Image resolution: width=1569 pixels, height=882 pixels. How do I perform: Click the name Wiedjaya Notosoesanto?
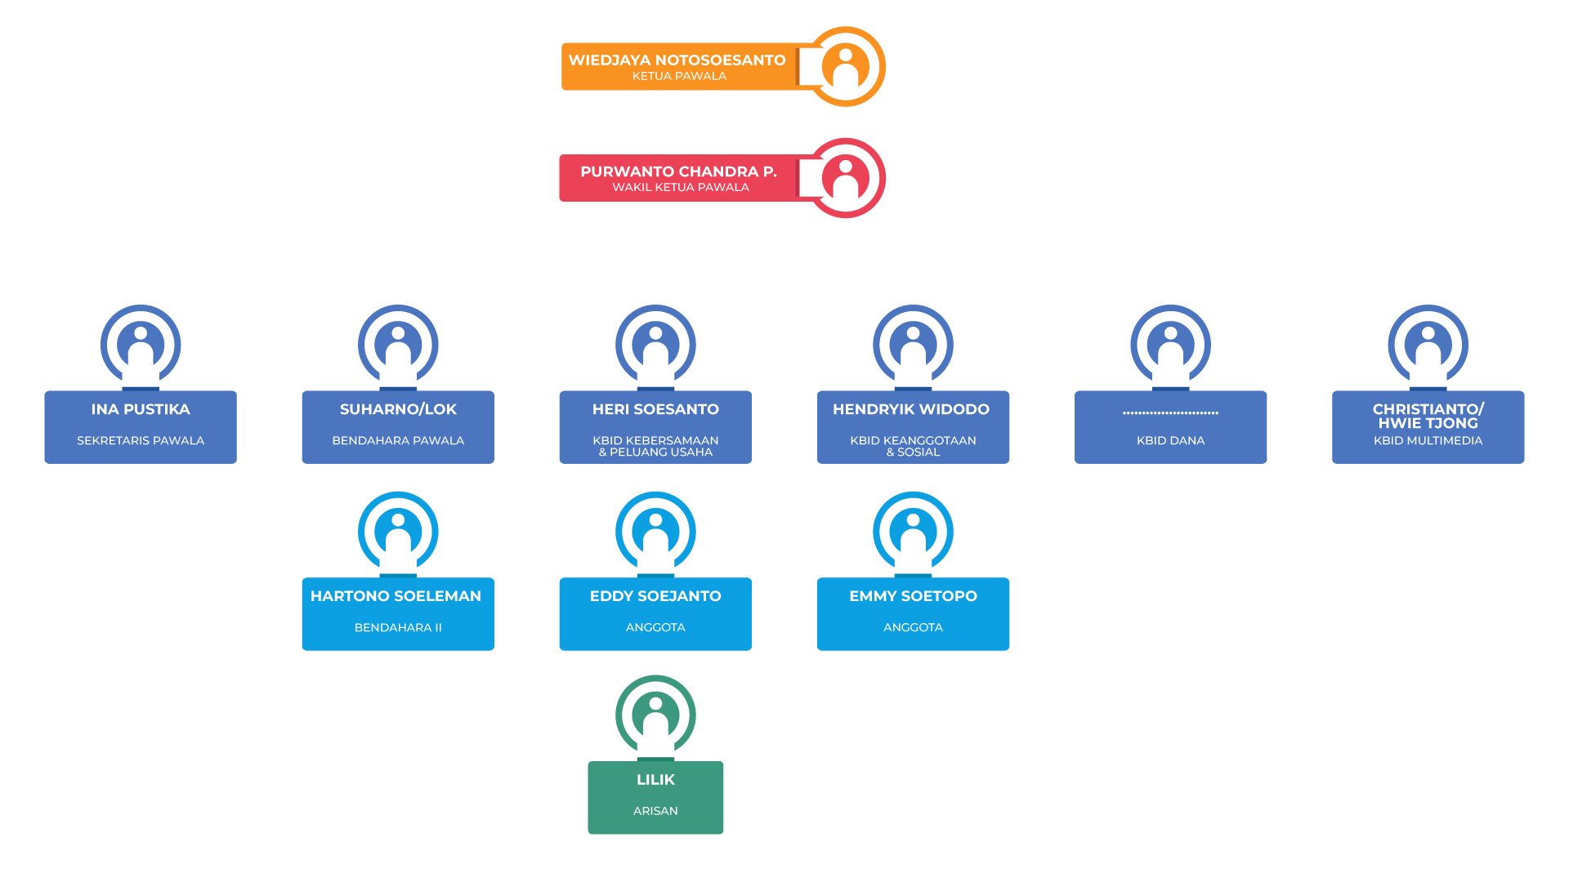[677, 60]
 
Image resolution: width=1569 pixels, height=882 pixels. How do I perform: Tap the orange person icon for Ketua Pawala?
[846, 67]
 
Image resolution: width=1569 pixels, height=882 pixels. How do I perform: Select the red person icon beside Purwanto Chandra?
[846, 178]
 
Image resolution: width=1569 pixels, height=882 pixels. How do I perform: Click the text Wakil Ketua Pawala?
[680, 187]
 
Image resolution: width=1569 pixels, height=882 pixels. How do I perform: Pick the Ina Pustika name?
[141, 409]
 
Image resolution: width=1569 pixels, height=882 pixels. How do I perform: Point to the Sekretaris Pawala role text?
[141, 440]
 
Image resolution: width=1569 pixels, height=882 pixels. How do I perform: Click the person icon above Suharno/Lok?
[398, 345]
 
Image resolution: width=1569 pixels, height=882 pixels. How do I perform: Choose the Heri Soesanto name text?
[655, 409]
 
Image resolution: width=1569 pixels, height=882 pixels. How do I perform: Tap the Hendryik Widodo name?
[911, 409]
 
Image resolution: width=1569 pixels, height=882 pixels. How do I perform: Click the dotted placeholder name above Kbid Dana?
[1170, 412]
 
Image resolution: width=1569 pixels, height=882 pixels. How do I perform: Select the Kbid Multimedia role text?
[1428, 440]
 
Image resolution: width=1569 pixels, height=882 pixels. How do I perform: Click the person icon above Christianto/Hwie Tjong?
[1428, 345]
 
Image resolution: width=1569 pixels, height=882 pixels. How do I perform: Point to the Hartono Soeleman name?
[396, 596]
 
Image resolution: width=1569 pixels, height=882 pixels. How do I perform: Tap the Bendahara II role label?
[398, 627]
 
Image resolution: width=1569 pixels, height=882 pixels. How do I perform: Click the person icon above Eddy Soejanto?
[655, 532]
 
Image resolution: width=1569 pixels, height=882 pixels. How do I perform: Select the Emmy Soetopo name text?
[913, 596]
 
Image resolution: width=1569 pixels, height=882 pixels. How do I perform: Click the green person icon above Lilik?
[655, 715]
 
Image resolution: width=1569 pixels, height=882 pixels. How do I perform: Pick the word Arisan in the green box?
[655, 811]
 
